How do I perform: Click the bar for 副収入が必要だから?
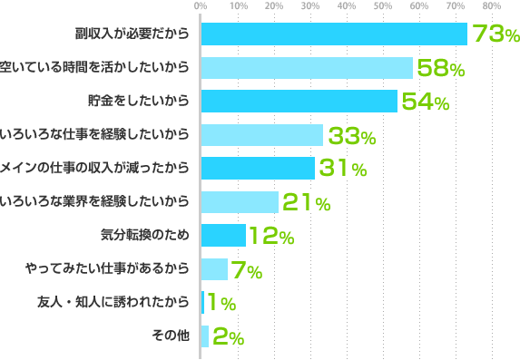(x=333, y=34)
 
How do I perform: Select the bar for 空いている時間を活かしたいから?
(x=306, y=68)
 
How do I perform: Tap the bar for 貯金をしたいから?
(x=299, y=102)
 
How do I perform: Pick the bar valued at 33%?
(x=261, y=135)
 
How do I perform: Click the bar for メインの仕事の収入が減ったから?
(x=257, y=169)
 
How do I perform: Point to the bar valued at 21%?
(x=239, y=202)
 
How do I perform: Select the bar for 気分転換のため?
(x=222, y=236)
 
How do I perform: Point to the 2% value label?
(x=228, y=337)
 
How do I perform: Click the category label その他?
(x=172, y=336)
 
